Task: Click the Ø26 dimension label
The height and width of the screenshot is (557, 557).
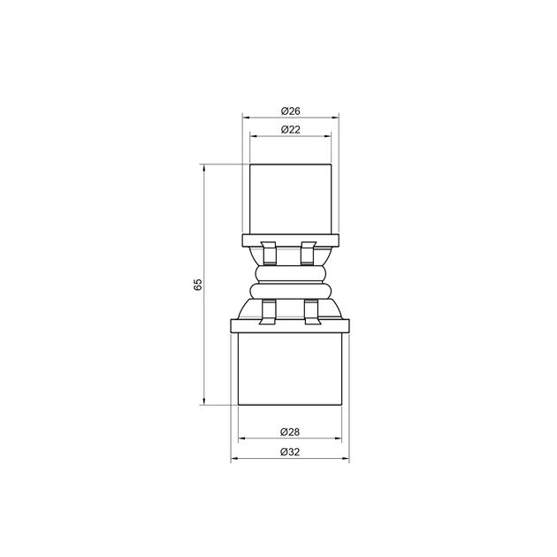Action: click(x=290, y=111)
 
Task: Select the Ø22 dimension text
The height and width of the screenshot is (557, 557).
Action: click(x=290, y=129)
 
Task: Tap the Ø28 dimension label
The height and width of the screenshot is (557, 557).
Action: click(x=290, y=432)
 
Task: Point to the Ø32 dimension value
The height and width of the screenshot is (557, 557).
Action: click(x=290, y=452)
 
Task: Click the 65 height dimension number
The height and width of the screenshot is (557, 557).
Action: click(x=199, y=284)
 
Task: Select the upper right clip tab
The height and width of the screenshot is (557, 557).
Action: click(x=309, y=253)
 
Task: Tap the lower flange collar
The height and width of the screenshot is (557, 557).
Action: click(x=290, y=325)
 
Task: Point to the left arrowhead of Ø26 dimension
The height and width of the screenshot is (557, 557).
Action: click(x=246, y=117)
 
